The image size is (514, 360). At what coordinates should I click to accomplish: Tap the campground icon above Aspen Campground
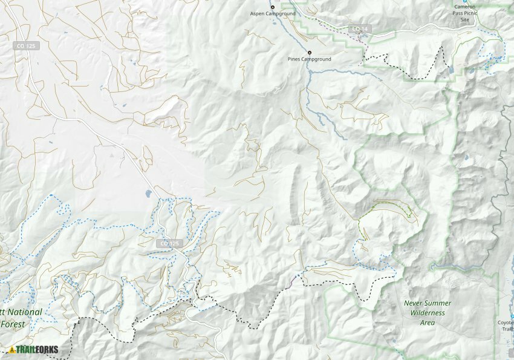coord(272,7)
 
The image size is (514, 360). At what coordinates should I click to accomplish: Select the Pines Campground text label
coord(310,60)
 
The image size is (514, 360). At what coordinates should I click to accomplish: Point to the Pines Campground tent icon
coord(310,53)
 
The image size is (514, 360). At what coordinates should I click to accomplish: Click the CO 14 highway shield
coord(360,29)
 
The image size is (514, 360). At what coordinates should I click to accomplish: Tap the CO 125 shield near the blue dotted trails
coord(169,243)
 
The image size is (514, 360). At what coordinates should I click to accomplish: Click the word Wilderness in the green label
coord(428,313)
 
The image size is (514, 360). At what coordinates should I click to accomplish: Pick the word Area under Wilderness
coord(427,322)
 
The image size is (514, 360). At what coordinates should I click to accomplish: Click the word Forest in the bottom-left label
coord(13,324)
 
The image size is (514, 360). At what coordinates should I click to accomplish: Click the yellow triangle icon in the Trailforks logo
coord(12,350)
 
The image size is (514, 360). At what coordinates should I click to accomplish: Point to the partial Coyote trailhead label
coord(506,326)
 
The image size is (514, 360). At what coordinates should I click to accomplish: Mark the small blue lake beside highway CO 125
coord(148,194)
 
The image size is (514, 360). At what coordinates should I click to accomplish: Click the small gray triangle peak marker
coord(112,155)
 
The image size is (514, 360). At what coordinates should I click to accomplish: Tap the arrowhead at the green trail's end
coord(411,214)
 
